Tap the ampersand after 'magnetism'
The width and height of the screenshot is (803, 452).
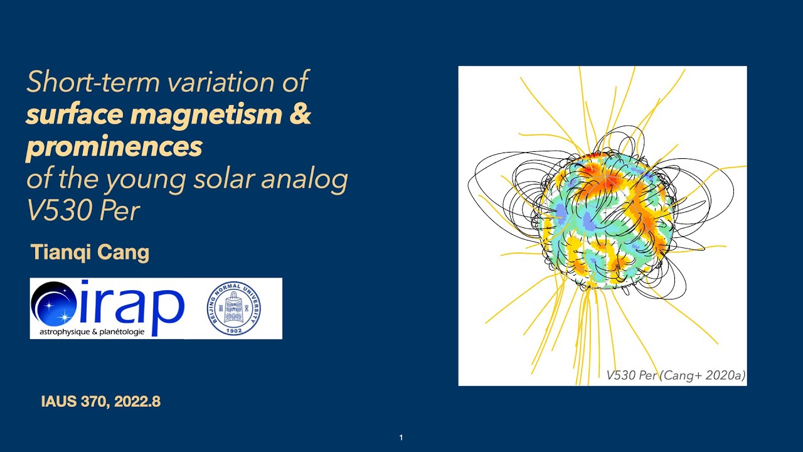click(x=300, y=115)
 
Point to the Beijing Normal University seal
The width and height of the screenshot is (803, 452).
click(x=234, y=308)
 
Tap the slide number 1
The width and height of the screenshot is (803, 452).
click(x=401, y=438)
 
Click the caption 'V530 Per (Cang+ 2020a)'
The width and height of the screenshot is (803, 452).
click(x=675, y=375)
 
